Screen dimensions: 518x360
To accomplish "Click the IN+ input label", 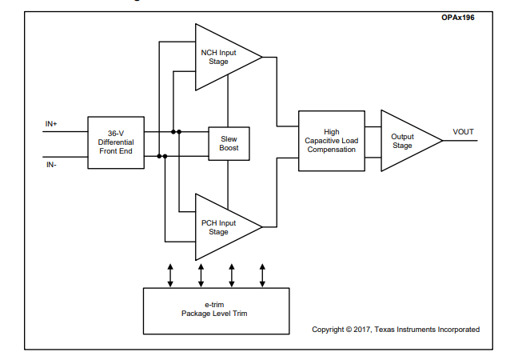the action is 51,124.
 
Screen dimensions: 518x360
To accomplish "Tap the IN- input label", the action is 51,165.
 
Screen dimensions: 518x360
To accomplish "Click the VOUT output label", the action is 463,132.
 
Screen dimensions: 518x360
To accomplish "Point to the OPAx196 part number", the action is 458,18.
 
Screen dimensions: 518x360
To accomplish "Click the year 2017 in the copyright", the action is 362,330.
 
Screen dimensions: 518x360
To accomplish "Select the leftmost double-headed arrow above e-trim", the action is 170,275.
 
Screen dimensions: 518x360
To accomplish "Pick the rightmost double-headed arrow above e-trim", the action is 262,275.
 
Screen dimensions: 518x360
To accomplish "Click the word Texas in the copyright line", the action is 385,330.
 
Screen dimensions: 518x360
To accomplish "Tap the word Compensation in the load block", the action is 332,150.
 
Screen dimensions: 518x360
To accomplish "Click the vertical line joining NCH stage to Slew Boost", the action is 228,101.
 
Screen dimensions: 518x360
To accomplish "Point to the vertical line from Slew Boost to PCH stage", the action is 228,185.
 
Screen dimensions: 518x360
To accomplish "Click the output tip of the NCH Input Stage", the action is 263,57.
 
